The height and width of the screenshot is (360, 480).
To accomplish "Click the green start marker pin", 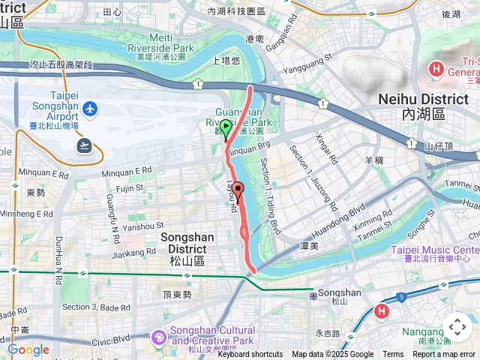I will click(226, 127).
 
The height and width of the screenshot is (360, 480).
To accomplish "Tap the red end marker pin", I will click(238, 189).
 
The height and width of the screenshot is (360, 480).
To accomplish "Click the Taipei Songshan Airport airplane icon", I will click(91, 109).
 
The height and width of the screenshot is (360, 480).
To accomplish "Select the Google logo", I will click(28, 349).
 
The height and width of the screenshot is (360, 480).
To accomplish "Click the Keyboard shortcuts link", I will click(250, 355).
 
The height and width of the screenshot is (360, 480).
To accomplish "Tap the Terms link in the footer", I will click(393, 355).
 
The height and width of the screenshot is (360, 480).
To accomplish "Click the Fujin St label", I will click(129, 189).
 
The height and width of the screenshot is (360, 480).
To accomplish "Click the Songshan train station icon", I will click(313, 295).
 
